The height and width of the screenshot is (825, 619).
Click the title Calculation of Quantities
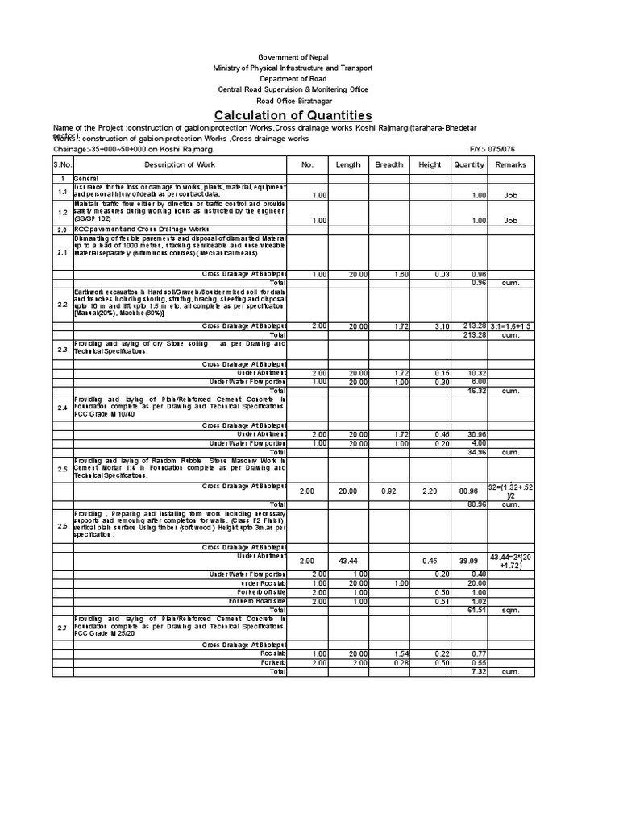pyautogui.click(x=293, y=115)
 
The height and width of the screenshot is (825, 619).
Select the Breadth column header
pyautogui.click(x=388, y=164)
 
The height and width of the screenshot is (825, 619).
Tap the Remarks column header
pyautogui.click(x=510, y=164)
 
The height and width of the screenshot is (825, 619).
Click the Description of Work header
pyautogui.click(x=180, y=164)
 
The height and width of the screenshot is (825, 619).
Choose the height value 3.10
pyautogui.click(x=430, y=325)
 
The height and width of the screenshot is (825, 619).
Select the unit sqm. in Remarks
pyautogui.click(x=510, y=611)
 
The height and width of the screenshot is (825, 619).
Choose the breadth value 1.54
pyautogui.click(x=388, y=653)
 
